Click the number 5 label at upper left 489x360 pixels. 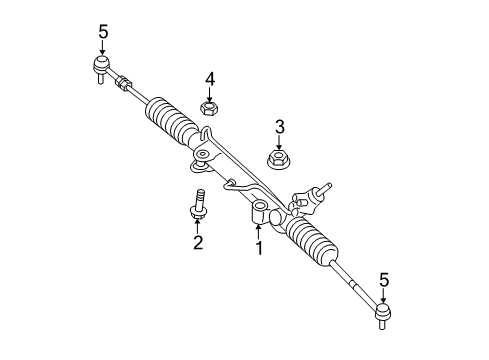tap(103, 31)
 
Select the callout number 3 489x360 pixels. tap(279, 126)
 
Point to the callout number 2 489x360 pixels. tap(197, 241)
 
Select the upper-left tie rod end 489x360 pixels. tap(101, 69)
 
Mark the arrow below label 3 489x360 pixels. tap(279, 141)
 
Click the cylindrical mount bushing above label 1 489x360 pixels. tap(259, 211)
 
